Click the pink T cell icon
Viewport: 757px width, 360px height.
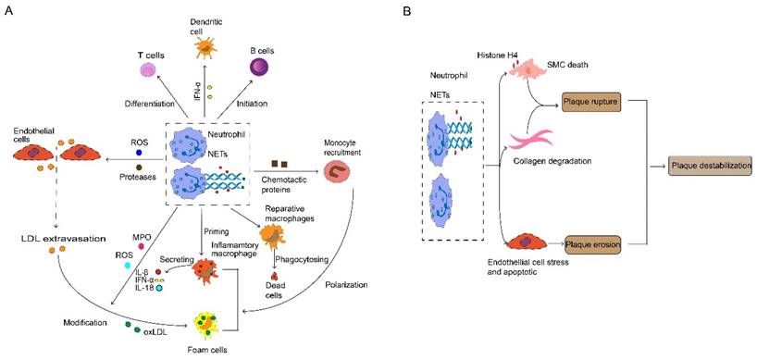(150, 70)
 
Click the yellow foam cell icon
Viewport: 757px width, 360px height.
(210, 323)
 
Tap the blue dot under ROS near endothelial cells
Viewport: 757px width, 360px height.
(139, 153)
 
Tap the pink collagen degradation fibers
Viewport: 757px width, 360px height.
(533, 140)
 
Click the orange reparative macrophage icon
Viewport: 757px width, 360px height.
(272, 237)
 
